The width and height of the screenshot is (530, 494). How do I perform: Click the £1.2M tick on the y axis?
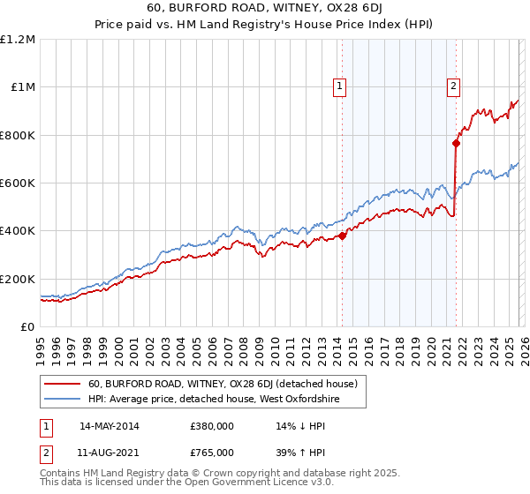(x=19, y=40)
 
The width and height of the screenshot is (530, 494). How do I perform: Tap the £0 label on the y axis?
(x=27, y=327)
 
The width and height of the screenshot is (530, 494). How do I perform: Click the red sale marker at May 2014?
(x=343, y=236)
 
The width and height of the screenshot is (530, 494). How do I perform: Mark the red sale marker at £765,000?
(x=456, y=144)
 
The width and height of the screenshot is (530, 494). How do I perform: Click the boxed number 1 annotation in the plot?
(x=341, y=86)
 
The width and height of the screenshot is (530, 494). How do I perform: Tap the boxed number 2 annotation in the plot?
(x=453, y=86)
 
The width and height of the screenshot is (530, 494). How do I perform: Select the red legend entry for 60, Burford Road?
(x=223, y=384)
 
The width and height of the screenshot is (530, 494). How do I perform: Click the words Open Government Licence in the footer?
(x=237, y=484)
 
